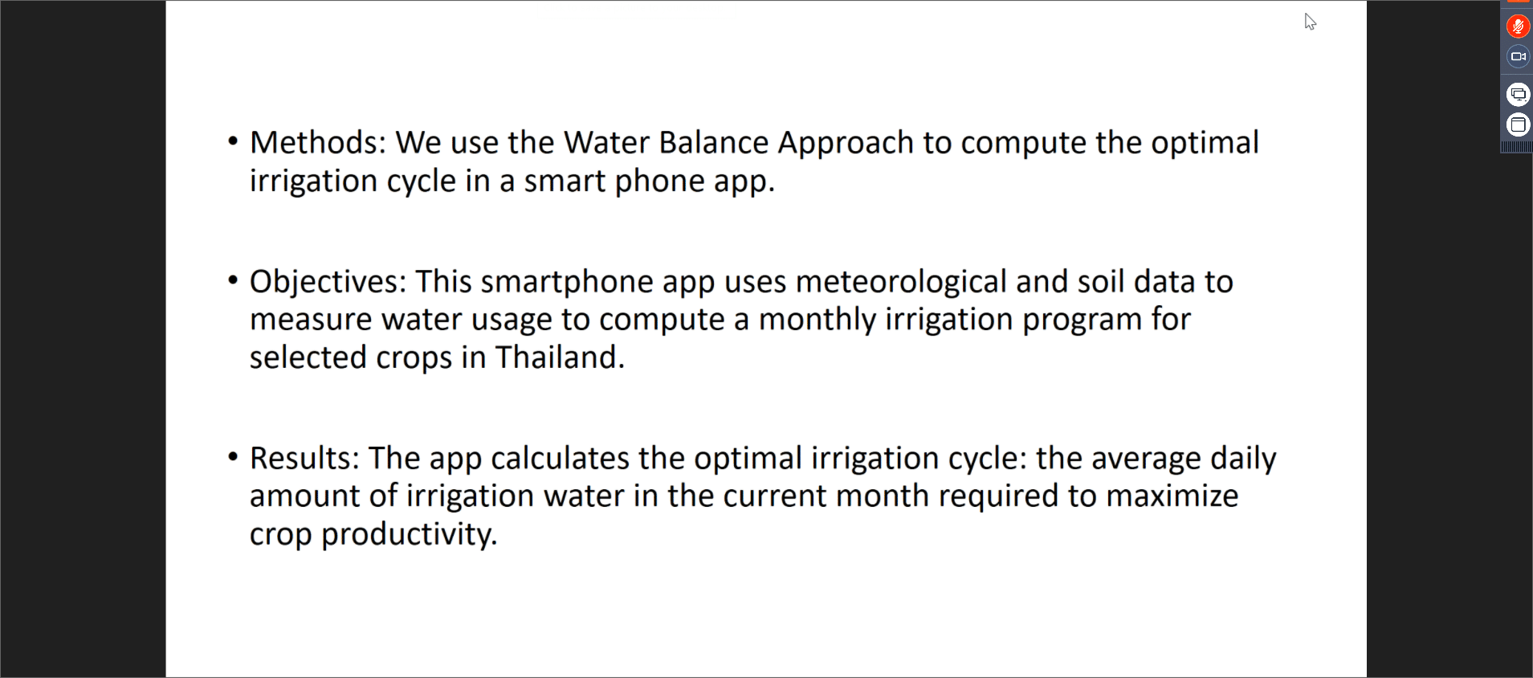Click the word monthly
(817, 321)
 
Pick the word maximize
(1173, 496)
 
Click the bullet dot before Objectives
(233, 280)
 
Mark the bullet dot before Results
(233, 457)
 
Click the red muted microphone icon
(1518, 27)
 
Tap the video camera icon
(1518, 56)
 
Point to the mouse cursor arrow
(1310, 22)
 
